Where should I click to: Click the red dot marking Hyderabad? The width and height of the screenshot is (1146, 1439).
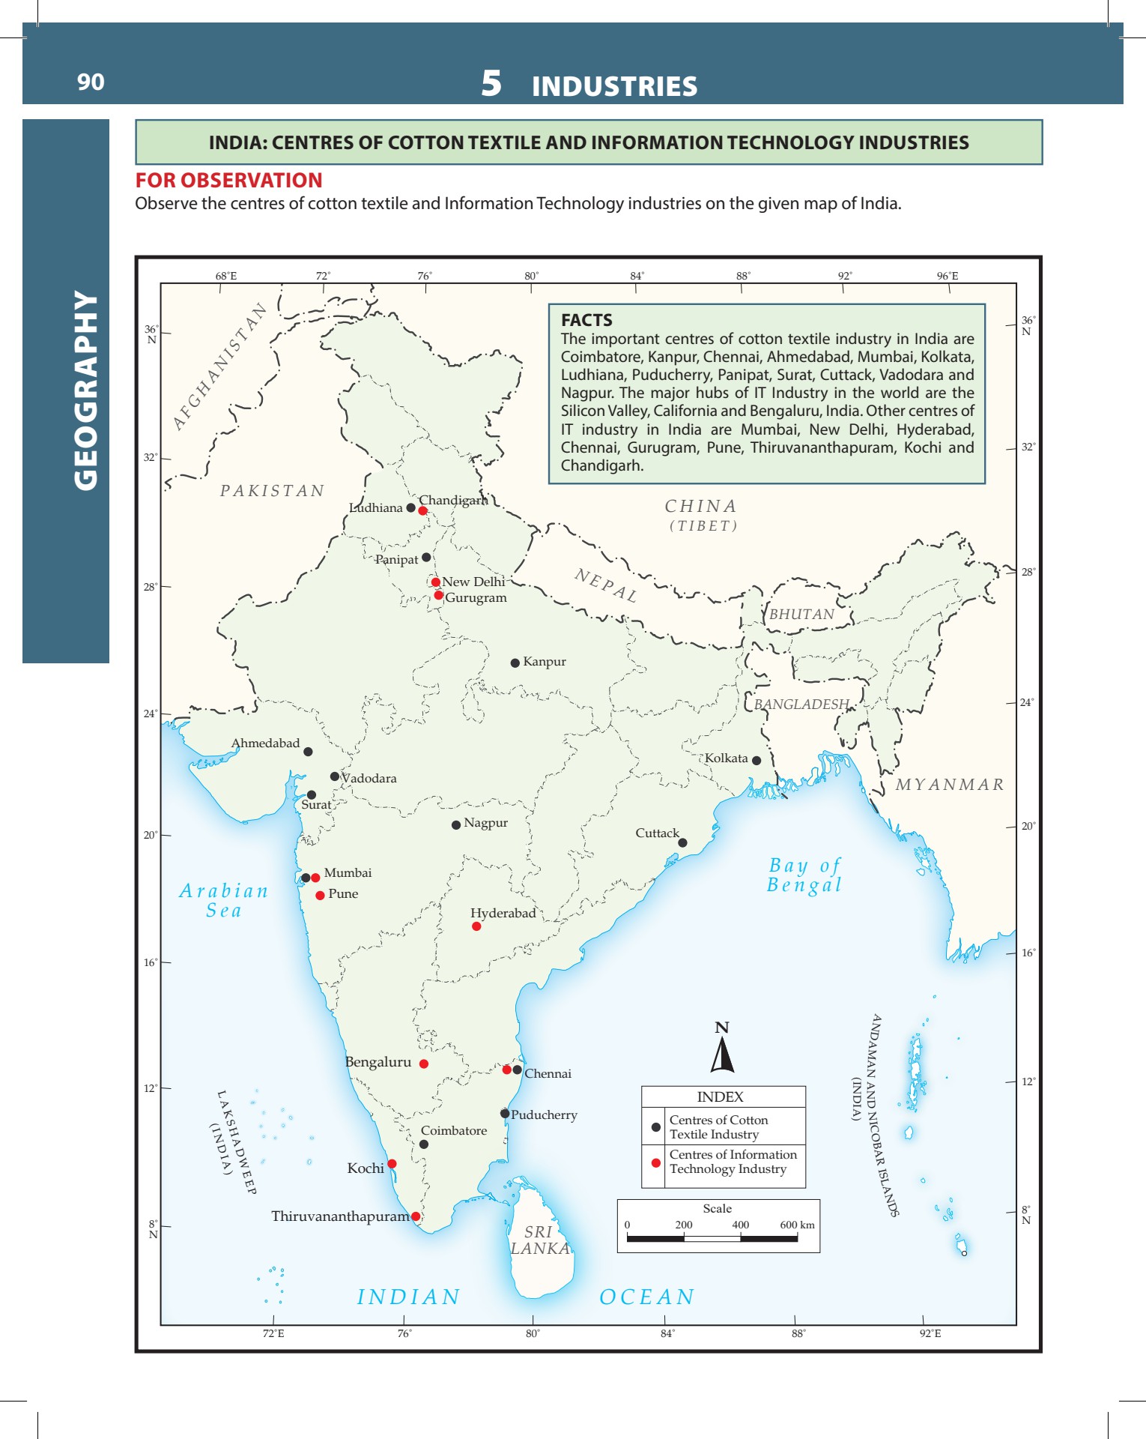[476, 926]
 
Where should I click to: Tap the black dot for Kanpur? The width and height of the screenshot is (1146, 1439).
[515, 663]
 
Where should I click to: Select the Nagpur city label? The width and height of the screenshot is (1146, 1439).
[485, 823]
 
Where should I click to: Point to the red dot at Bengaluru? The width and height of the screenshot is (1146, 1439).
[424, 1064]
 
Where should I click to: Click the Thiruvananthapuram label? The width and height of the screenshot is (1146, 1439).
[340, 1216]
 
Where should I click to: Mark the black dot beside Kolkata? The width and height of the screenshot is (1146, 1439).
[757, 761]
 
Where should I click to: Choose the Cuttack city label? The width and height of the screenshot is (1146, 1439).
[657, 833]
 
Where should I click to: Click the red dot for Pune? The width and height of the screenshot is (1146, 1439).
[320, 896]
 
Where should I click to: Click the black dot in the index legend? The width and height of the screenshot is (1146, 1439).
[655, 1127]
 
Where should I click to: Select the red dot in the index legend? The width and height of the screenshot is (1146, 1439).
[655, 1162]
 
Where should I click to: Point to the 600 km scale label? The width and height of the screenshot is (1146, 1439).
[797, 1225]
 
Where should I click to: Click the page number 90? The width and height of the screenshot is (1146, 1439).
[91, 82]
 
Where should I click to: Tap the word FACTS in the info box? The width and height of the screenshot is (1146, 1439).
[586, 320]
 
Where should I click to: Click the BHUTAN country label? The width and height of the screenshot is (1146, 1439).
[801, 615]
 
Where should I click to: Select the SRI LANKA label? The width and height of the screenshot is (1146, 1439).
[539, 1240]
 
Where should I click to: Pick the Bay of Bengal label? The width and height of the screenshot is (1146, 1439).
[804, 875]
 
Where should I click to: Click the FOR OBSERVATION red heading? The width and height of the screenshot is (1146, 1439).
[228, 181]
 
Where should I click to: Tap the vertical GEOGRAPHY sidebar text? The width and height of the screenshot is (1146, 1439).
[85, 390]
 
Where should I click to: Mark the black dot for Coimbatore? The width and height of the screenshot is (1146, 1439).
[424, 1144]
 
